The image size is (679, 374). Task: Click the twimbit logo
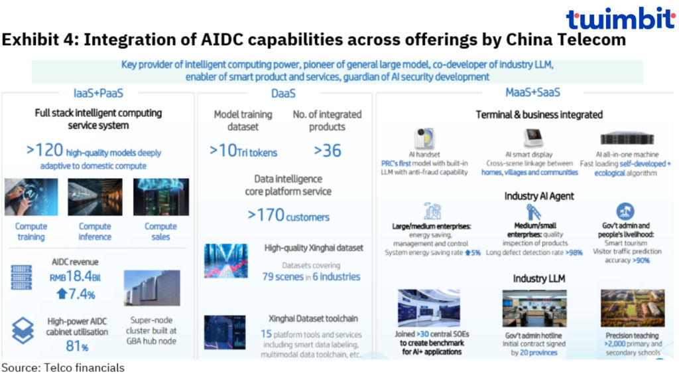[621, 19]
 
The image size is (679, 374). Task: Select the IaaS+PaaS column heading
[98, 93]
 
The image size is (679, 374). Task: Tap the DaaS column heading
[283, 93]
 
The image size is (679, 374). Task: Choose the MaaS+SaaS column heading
[532, 92]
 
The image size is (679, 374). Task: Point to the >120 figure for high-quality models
[44, 150]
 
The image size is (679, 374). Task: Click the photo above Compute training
[31, 197]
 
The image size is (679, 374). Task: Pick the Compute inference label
[95, 232]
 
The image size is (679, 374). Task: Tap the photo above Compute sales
[161, 197]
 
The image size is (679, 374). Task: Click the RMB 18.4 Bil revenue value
[75, 276]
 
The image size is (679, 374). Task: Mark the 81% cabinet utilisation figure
[77, 346]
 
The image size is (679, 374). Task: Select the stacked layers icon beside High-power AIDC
[23, 330]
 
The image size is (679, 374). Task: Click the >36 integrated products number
[328, 151]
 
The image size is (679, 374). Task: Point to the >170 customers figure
[288, 215]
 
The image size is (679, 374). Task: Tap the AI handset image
[424, 138]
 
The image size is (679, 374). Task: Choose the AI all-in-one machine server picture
[627, 138]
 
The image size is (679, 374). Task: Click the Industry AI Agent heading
[538, 196]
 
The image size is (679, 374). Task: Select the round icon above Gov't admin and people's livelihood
[625, 211]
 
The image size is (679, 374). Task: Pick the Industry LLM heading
[538, 278]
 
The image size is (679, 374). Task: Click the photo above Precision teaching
[632, 308]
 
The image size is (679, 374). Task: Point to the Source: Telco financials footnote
[63, 367]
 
